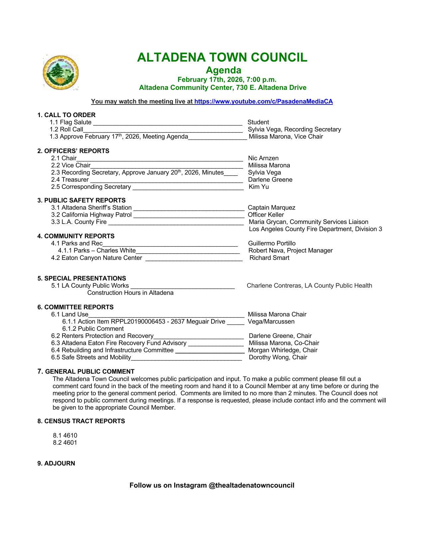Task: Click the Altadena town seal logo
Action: coord(61,73)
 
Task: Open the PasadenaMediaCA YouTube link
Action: coord(263,101)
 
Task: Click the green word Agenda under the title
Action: coord(223,70)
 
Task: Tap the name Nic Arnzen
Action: coord(263,158)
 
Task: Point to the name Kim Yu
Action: coord(259,187)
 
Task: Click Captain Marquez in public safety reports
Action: coord(271,208)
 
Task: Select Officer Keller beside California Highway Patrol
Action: coord(266,215)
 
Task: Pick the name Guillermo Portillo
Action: coord(272,244)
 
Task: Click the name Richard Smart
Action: coord(269,258)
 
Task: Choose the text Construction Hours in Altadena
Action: coord(130,293)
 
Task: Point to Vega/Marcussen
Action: coord(271,322)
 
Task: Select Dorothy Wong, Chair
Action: coord(278,357)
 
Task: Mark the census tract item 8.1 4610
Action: coord(65,436)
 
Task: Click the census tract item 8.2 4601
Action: coord(65,443)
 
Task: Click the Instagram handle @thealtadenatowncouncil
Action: coord(251,485)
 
